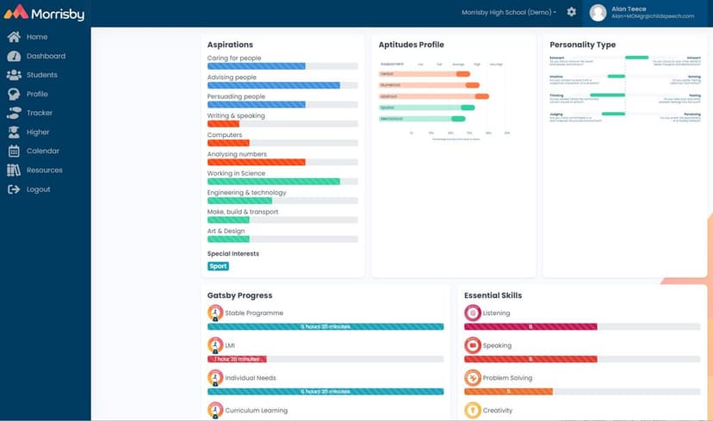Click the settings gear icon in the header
tap(572, 12)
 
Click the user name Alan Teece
tap(629, 9)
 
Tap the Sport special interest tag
tap(218, 266)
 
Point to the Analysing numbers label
tap(237, 154)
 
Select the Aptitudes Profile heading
tap(411, 45)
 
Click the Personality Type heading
tap(582, 45)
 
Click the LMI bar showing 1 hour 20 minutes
tap(237, 359)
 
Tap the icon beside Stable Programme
tap(214, 313)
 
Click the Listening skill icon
tap(472, 313)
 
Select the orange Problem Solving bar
tap(507, 391)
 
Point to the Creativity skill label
tap(498, 411)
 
